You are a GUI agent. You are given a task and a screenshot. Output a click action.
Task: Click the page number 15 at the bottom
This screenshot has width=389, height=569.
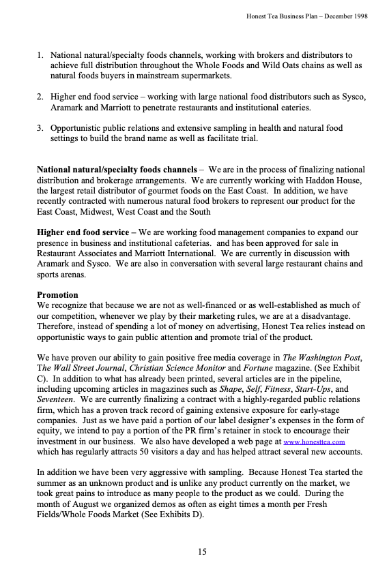[202, 552]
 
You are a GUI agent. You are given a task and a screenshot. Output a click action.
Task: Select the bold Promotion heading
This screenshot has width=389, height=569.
[58, 295]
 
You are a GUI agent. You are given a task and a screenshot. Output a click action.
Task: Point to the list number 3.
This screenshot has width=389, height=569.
[41, 127]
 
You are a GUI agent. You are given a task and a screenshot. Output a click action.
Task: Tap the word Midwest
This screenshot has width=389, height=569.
[102, 212]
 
